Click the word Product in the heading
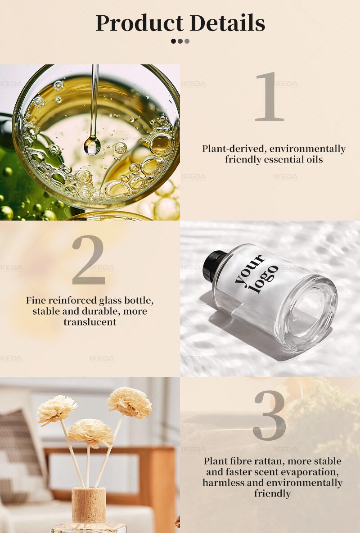pyautogui.click(x=139, y=23)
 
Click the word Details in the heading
pyautogui.click(x=227, y=23)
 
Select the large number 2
pyautogui.click(x=88, y=260)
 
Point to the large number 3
pyautogui.click(x=270, y=415)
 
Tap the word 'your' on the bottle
pyautogui.click(x=250, y=269)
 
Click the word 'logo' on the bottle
pyautogui.click(x=264, y=279)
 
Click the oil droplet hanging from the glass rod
pyautogui.click(x=92, y=145)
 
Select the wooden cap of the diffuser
pyautogui.click(x=89, y=505)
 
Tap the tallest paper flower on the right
pyautogui.click(x=130, y=402)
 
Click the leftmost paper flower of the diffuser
pyautogui.click(x=57, y=410)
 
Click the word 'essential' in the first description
pyautogui.click(x=284, y=159)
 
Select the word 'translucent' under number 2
pyautogui.click(x=90, y=322)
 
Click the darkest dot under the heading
pyautogui.click(x=173, y=41)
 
